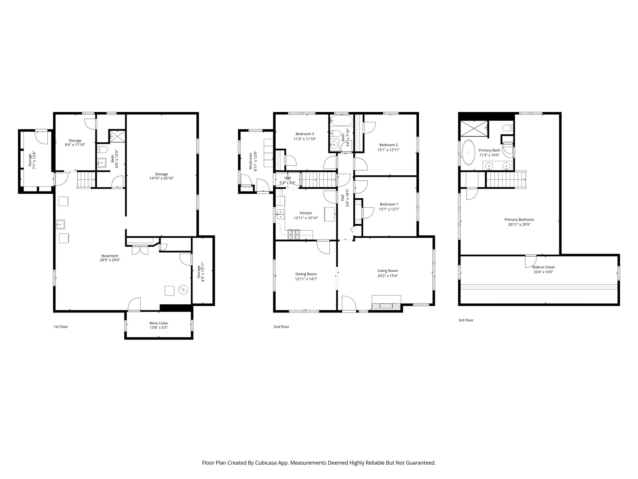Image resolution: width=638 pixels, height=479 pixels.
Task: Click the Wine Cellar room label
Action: (x=159, y=323)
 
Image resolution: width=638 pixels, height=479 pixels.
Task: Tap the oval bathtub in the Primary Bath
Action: (x=468, y=152)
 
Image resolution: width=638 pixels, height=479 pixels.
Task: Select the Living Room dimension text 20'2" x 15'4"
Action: (x=388, y=276)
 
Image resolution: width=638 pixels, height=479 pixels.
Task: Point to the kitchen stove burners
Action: (x=293, y=235)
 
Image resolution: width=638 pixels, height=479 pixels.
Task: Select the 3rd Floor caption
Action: (x=466, y=320)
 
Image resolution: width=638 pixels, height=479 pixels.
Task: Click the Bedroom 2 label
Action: (x=388, y=145)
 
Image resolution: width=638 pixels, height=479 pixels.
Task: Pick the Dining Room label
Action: (x=306, y=274)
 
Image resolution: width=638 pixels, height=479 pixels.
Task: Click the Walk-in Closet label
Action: (x=543, y=267)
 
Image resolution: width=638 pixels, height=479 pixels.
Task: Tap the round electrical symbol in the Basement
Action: (x=183, y=290)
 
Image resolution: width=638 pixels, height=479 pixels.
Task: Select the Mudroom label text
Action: (x=250, y=161)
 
